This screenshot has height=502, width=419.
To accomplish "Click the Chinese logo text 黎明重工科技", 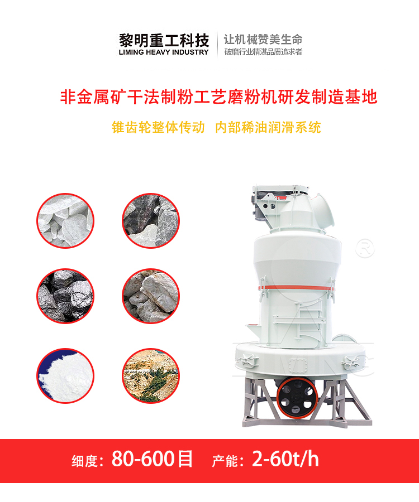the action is [164, 40].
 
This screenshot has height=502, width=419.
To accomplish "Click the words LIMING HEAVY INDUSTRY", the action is [164, 52].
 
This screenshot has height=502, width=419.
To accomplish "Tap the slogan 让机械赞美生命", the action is [263, 40].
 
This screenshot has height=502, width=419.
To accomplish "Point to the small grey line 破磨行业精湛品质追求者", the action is [263, 52].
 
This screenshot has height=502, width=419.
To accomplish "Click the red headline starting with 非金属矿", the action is [218, 96].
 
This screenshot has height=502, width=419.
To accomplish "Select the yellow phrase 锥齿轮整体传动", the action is [158, 127].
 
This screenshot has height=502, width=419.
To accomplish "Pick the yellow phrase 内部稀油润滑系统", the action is [268, 127].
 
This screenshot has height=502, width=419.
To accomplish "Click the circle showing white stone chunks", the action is [65, 220].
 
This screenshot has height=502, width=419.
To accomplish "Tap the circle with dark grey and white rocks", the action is [151, 220].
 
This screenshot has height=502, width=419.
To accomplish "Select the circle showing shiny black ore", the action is [65, 296].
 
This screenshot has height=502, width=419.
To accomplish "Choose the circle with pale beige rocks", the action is [151, 296].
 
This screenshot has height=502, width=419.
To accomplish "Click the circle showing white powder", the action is [65, 375].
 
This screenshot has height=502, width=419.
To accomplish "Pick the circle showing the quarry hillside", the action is [151, 375].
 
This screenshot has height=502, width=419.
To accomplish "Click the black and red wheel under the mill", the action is [297, 397].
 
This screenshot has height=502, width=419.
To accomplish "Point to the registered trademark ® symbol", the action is [365, 248].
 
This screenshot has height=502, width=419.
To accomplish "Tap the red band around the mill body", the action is [297, 288].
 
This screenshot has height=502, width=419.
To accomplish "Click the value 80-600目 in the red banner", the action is [152, 459].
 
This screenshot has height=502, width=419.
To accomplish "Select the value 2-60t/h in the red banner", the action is [285, 458].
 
